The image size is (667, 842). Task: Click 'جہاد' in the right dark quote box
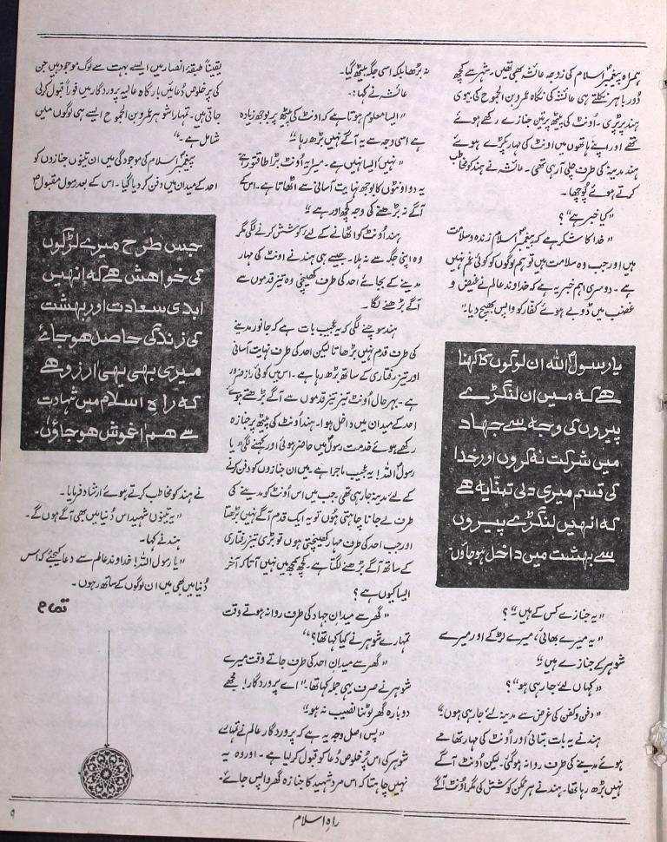coord(484,424)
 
